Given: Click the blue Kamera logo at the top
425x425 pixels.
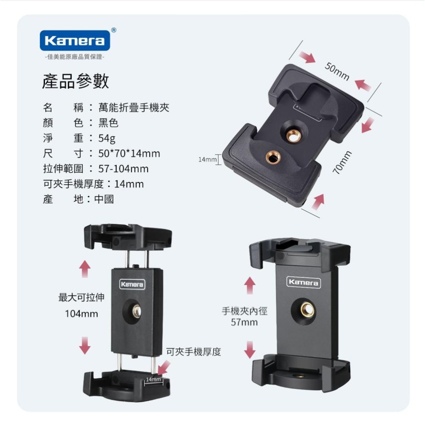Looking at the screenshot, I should pyautogui.click(x=75, y=41).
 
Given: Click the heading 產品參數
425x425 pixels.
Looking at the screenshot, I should pyautogui.click(x=75, y=81).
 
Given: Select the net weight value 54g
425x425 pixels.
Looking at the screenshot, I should pyautogui.click(x=107, y=138).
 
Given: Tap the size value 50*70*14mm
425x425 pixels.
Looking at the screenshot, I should pyautogui.click(x=129, y=153).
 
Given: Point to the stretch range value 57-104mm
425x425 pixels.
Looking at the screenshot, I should pyautogui.click(x=124, y=169).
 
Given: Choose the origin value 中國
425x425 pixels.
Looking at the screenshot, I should pyautogui.click(x=104, y=199).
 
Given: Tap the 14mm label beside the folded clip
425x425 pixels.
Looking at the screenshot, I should pyautogui.click(x=207, y=159).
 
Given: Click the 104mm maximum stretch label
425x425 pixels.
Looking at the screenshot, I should pyautogui.click(x=81, y=314).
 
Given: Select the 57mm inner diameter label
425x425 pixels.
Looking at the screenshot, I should pyautogui.click(x=244, y=322).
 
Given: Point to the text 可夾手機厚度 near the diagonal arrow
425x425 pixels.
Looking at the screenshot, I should pyautogui.click(x=193, y=351).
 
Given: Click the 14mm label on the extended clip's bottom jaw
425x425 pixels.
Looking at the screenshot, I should pyautogui.click(x=153, y=379).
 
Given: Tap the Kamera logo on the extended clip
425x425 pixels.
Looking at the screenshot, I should pyautogui.click(x=132, y=284).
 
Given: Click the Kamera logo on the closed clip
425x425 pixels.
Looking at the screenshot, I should pyautogui.click(x=303, y=283).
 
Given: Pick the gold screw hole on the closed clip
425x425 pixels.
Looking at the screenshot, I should pyautogui.click(x=307, y=310).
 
